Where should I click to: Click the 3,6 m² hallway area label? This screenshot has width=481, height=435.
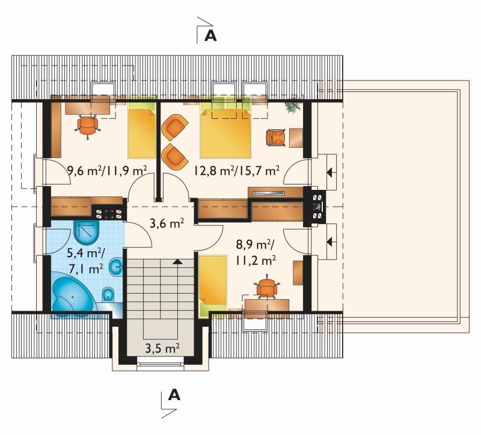(167, 223)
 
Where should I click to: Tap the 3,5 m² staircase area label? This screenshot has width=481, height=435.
(162, 348)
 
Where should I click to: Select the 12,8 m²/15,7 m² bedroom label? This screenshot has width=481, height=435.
(236, 171)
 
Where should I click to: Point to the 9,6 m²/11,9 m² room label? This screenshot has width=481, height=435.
(107, 171)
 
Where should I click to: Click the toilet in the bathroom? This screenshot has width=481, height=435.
(108, 295)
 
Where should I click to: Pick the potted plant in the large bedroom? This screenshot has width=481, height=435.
(292, 106)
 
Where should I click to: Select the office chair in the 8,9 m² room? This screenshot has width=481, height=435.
(266, 288)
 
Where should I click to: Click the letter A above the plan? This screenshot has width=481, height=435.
(210, 35)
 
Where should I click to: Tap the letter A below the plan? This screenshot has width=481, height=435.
(174, 395)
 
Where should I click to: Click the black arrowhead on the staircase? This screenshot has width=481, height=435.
(177, 261)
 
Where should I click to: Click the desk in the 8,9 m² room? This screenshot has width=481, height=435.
(266, 306)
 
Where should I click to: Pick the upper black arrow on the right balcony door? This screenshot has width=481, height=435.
(330, 172)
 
